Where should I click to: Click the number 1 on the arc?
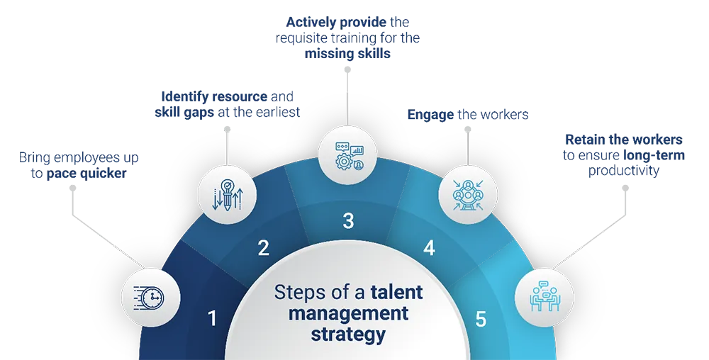coord(212,319)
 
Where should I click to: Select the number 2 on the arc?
coord(263,248)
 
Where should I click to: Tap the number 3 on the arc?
coord(348,221)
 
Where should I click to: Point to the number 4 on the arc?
coord(429,248)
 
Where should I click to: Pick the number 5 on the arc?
coord(481,319)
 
